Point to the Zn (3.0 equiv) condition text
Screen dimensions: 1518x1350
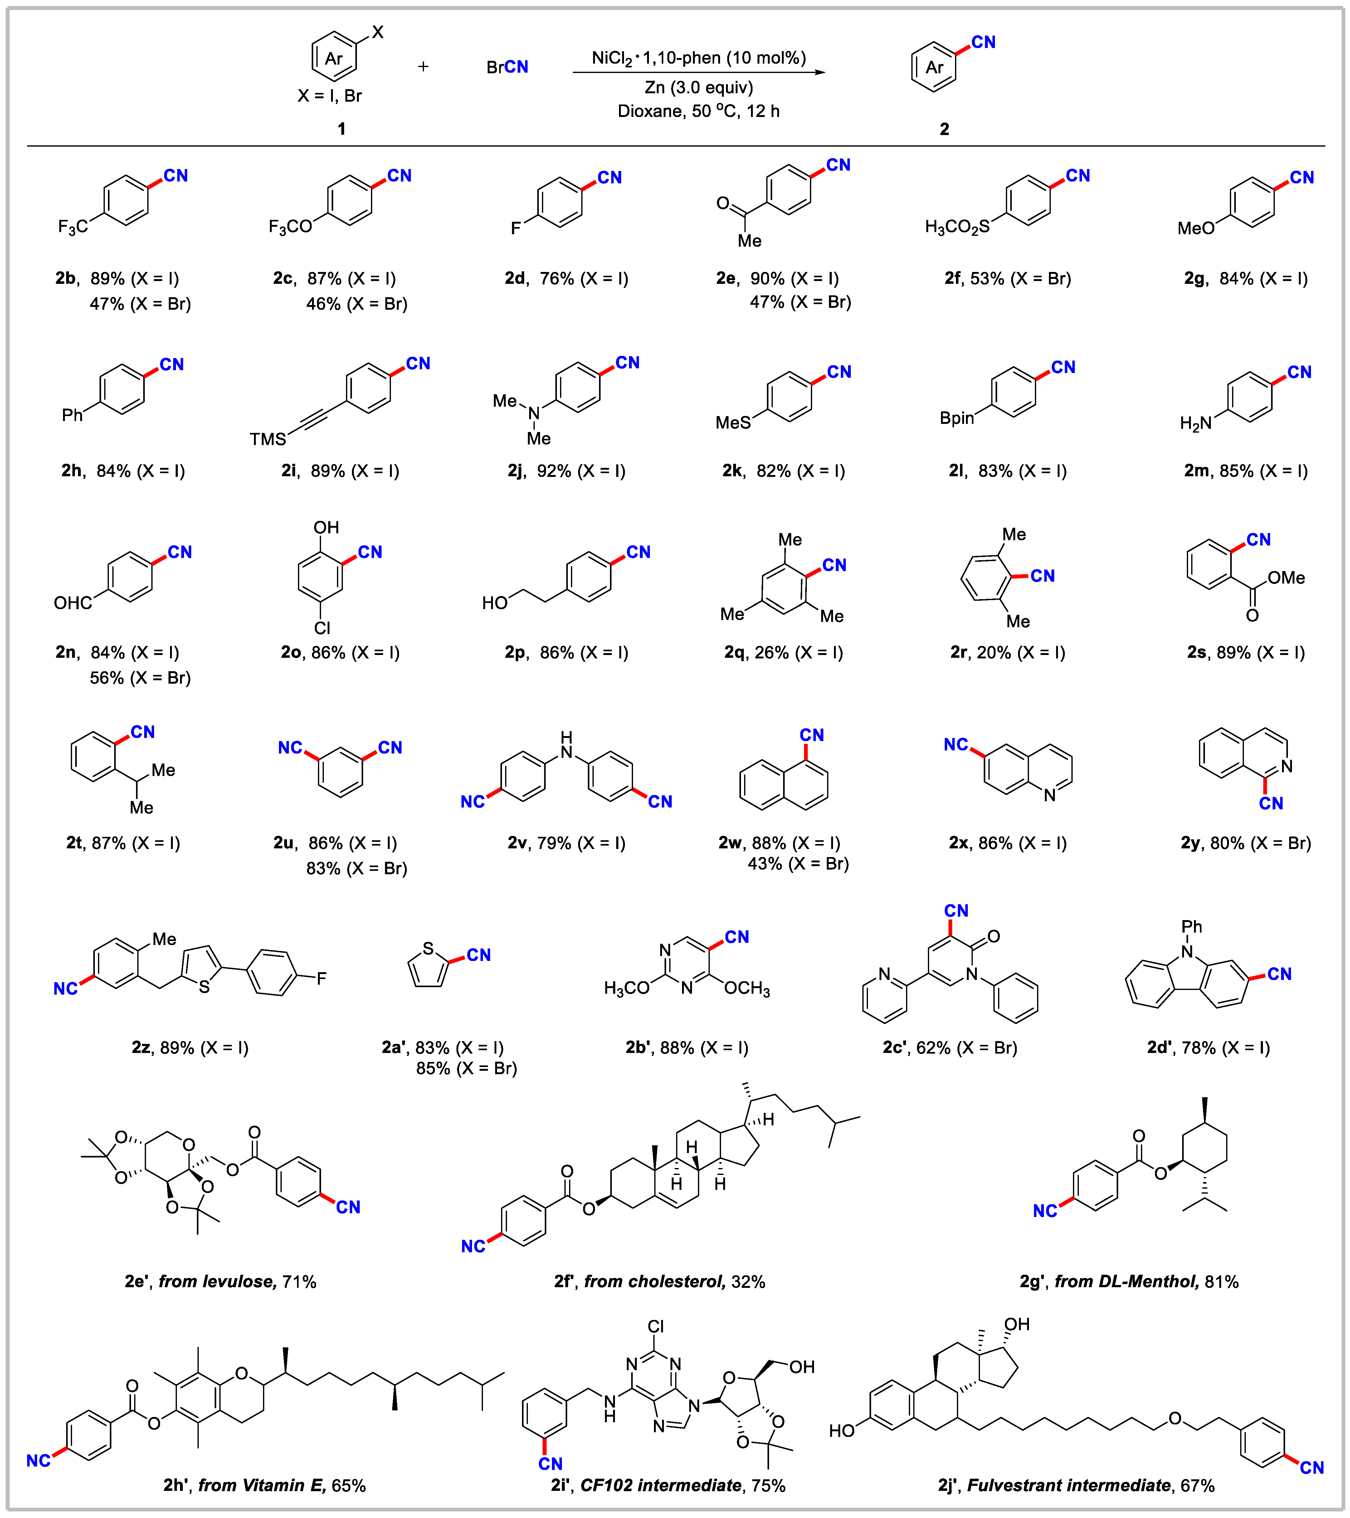tap(699, 88)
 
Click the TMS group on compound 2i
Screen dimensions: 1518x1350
tap(267, 439)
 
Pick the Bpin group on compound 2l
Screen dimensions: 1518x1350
tap(956, 418)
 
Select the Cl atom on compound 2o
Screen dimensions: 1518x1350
tap(322, 628)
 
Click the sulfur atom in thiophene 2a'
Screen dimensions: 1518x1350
tap(428, 948)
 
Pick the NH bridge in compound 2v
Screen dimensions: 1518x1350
tap(566, 745)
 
